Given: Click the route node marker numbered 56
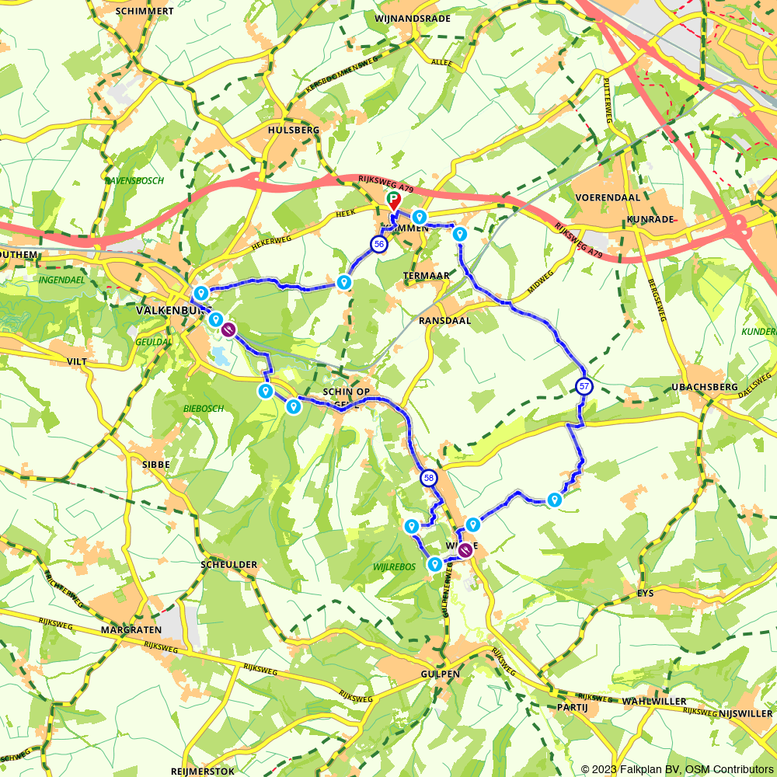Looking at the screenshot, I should point(378,244).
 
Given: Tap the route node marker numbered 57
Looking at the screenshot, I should point(584,385).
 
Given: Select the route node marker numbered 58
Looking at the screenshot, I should point(428,478).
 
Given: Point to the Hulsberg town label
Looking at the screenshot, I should point(294,131).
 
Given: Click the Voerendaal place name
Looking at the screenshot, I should point(608,197).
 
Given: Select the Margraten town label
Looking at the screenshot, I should point(131,629).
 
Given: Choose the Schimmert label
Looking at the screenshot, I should point(144,12).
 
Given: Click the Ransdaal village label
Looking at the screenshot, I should point(445,319).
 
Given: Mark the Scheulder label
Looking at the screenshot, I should point(228,564).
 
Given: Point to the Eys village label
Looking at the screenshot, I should point(645,593).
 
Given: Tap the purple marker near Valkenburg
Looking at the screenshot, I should point(228,330).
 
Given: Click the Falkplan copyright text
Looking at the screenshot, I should point(677,769).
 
